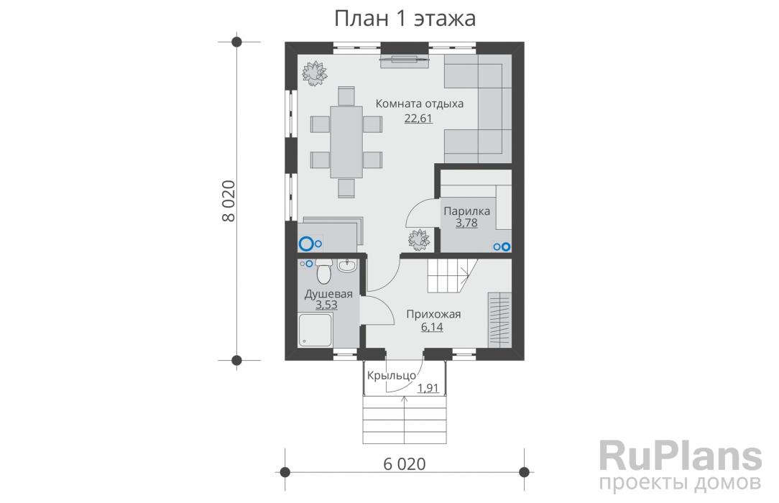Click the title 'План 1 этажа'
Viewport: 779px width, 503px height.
(405, 19)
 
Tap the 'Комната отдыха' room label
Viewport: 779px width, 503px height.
(419, 103)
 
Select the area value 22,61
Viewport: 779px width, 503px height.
(418, 118)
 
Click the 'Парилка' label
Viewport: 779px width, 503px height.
(466, 211)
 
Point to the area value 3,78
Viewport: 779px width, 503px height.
(466, 223)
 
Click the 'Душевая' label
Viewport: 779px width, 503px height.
(328, 293)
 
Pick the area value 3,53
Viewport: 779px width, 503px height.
(326, 305)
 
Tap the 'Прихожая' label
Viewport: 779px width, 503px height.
(433, 314)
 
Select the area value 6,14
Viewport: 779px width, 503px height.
(432, 327)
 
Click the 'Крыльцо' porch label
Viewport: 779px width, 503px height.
(392, 376)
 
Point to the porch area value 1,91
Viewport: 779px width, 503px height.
(428, 388)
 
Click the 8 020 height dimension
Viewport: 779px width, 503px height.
(228, 200)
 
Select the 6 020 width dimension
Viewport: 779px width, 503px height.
(405, 463)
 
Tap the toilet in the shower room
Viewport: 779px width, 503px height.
(323, 271)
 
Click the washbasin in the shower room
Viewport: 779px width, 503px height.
(347, 266)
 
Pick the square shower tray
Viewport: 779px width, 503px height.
(315, 330)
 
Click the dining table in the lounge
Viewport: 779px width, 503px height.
(346, 142)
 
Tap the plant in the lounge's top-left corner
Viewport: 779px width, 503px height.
(315, 73)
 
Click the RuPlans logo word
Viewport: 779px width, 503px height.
(680, 456)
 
